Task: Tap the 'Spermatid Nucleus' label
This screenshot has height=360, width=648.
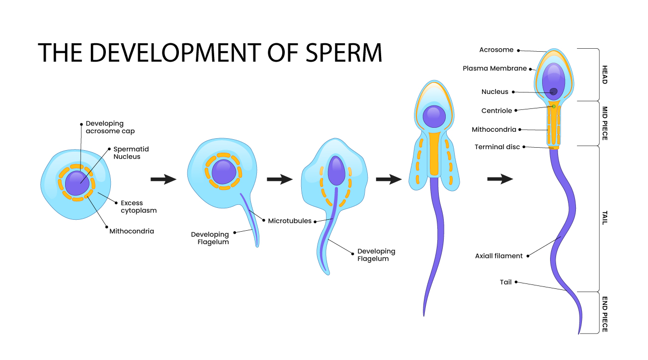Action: (x=131, y=153)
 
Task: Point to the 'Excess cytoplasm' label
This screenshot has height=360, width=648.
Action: (x=138, y=206)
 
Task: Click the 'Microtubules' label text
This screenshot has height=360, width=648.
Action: (x=289, y=220)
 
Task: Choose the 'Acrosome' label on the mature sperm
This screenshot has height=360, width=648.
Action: (x=496, y=50)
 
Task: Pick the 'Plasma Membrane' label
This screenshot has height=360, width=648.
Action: (x=494, y=68)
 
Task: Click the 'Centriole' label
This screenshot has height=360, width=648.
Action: (x=496, y=110)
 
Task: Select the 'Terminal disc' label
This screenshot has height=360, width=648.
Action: (x=497, y=147)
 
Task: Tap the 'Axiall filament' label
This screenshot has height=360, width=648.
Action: (x=499, y=256)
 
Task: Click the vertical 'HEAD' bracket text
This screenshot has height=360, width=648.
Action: (x=604, y=75)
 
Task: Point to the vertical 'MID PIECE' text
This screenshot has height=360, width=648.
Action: (x=604, y=123)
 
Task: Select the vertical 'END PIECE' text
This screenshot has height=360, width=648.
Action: (x=604, y=314)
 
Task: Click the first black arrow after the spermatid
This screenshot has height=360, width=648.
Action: (x=163, y=180)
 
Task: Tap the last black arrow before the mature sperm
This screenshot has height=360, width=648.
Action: (x=500, y=179)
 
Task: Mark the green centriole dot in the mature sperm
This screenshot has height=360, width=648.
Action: (x=554, y=106)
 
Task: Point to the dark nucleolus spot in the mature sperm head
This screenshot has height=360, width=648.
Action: (x=553, y=91)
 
